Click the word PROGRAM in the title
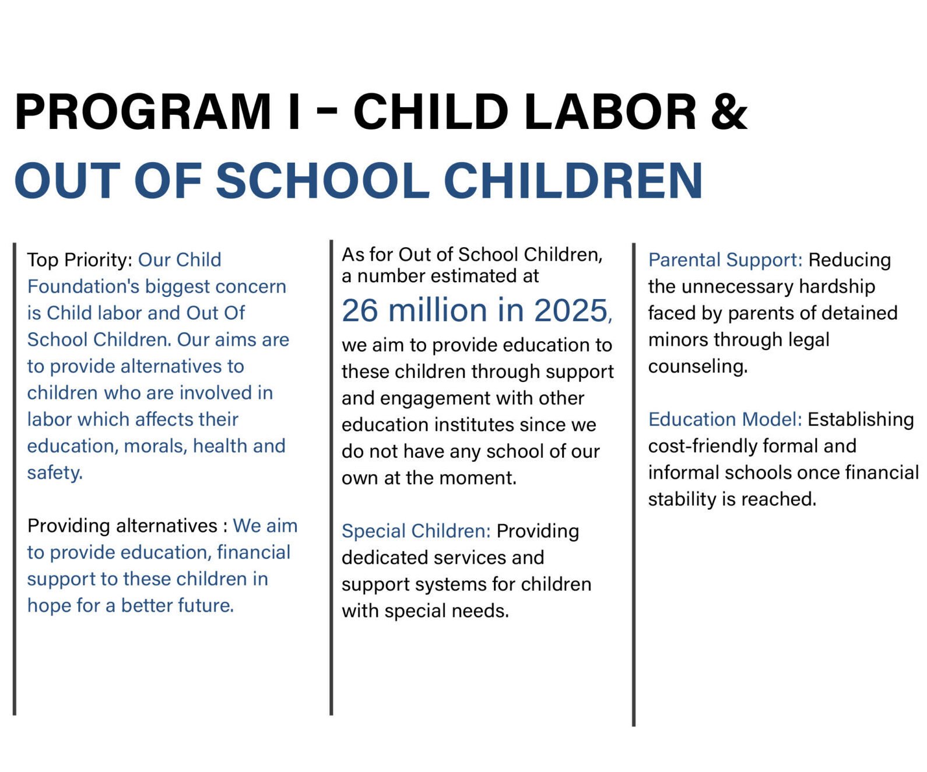(x=143, y=111)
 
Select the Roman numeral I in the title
(x=294, y=111)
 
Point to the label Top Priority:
(x=80, y=259)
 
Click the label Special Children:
(x=416, y=531)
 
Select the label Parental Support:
(x=725, y=260)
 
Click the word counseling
(x=697, y=367)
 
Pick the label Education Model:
(x=725, y=419)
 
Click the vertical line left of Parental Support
(x=634, y=484)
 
